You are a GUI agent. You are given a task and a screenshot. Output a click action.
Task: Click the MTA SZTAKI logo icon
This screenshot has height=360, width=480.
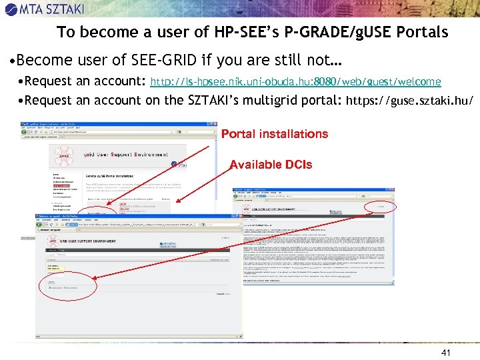[11, 9]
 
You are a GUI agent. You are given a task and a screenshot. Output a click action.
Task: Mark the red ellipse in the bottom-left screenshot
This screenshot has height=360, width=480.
[60, 287]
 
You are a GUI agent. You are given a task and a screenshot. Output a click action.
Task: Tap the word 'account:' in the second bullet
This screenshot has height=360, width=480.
[121, 81]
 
